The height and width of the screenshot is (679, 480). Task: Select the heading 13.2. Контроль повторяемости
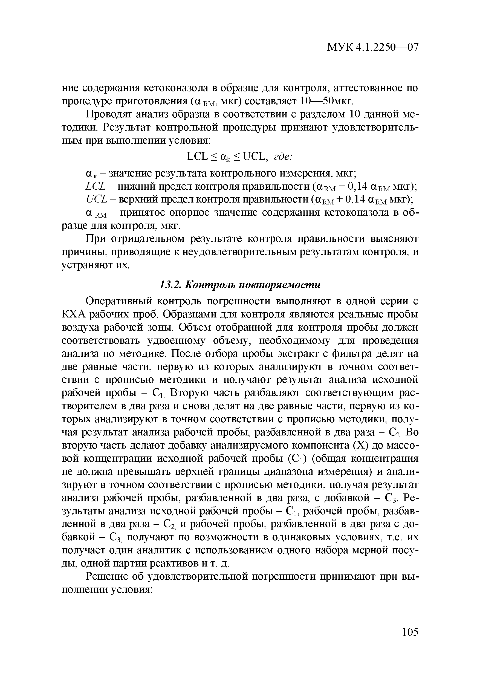pyautogui.click(x=239, y=285)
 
